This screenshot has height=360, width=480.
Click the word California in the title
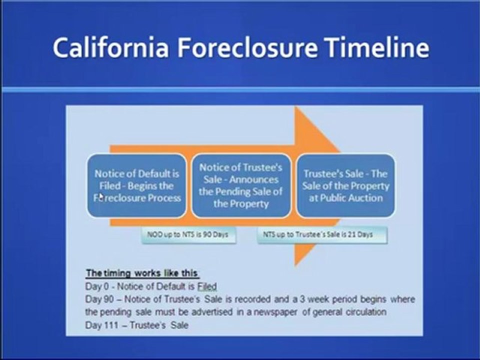click(x=111, y=47)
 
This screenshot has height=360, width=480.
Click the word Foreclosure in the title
click(x=247, y=47)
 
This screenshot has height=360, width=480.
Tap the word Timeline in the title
click(x=377, y=47)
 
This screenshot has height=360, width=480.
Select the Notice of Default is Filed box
click(x=137, y=186)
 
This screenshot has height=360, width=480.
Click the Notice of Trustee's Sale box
click(x=241, y=186)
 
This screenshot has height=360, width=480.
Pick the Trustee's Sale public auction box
click(x=345, y=186)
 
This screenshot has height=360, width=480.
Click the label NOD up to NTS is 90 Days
click(x=188, y=235)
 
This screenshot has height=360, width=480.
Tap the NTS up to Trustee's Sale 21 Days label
click(x=322, y=235)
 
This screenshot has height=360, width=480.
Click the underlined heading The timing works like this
click(x=142, y=273)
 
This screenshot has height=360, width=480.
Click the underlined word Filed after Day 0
click(x=207, y=286)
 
